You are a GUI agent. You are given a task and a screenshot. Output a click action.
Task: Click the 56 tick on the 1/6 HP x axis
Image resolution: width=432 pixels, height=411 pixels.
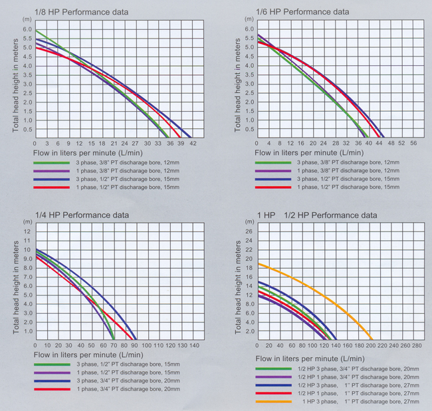pyautogui.click(x=413, y=144)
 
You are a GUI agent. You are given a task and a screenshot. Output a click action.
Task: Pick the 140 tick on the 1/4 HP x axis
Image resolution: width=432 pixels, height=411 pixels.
pyautogui.click(x=193, y=346)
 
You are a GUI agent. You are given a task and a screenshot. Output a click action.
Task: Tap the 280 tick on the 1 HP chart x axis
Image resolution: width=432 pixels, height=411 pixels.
pyautogui.click(x=417, y=346)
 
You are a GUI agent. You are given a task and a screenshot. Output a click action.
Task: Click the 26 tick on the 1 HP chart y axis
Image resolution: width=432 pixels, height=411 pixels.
pyautogui.click(x=249, y=231)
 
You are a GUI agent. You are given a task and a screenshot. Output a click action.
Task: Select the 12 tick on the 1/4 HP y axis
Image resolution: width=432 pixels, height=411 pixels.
pyautogui.click(x=28, y=231)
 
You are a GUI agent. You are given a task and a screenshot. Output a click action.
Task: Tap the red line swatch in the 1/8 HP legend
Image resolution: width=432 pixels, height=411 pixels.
pyautogui.click(x=51, y=188)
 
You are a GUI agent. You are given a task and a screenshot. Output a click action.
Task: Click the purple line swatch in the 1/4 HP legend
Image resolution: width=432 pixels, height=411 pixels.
pyautogui.click(x=51, y=373)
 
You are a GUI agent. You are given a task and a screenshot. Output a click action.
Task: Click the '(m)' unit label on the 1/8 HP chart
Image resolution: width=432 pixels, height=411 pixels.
pyautogui.click(x=27, y=21)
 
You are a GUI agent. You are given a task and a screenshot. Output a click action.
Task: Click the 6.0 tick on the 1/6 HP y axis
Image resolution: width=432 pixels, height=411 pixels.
pyautogui.click(x=249, y=29)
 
